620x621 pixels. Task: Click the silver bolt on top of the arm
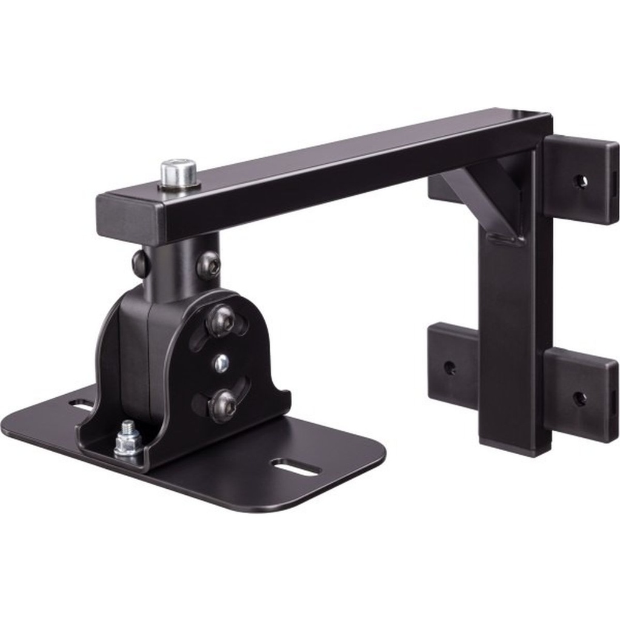coord(179,173)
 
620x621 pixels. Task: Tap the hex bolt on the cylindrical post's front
coord(208,265)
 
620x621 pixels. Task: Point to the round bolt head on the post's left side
coord(139,263)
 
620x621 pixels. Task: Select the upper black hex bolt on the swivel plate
coord(221,320)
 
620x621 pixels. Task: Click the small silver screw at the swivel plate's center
coord(221,363)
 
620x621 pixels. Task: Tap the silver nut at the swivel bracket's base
coord(127,442)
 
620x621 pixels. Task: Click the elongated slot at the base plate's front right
coord(296,467)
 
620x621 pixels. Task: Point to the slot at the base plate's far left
coord(81,403)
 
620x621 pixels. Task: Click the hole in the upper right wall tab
coord(581,181)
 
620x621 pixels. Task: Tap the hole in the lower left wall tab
coord(450,368)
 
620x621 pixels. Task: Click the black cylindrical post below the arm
coord(176,267)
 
